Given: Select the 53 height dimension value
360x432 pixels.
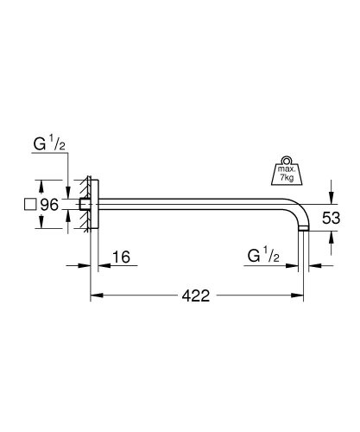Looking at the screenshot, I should pyautogui.click(x=333, y=218).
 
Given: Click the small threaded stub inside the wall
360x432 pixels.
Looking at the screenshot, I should pyautogui.click(x=83, y=206).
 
